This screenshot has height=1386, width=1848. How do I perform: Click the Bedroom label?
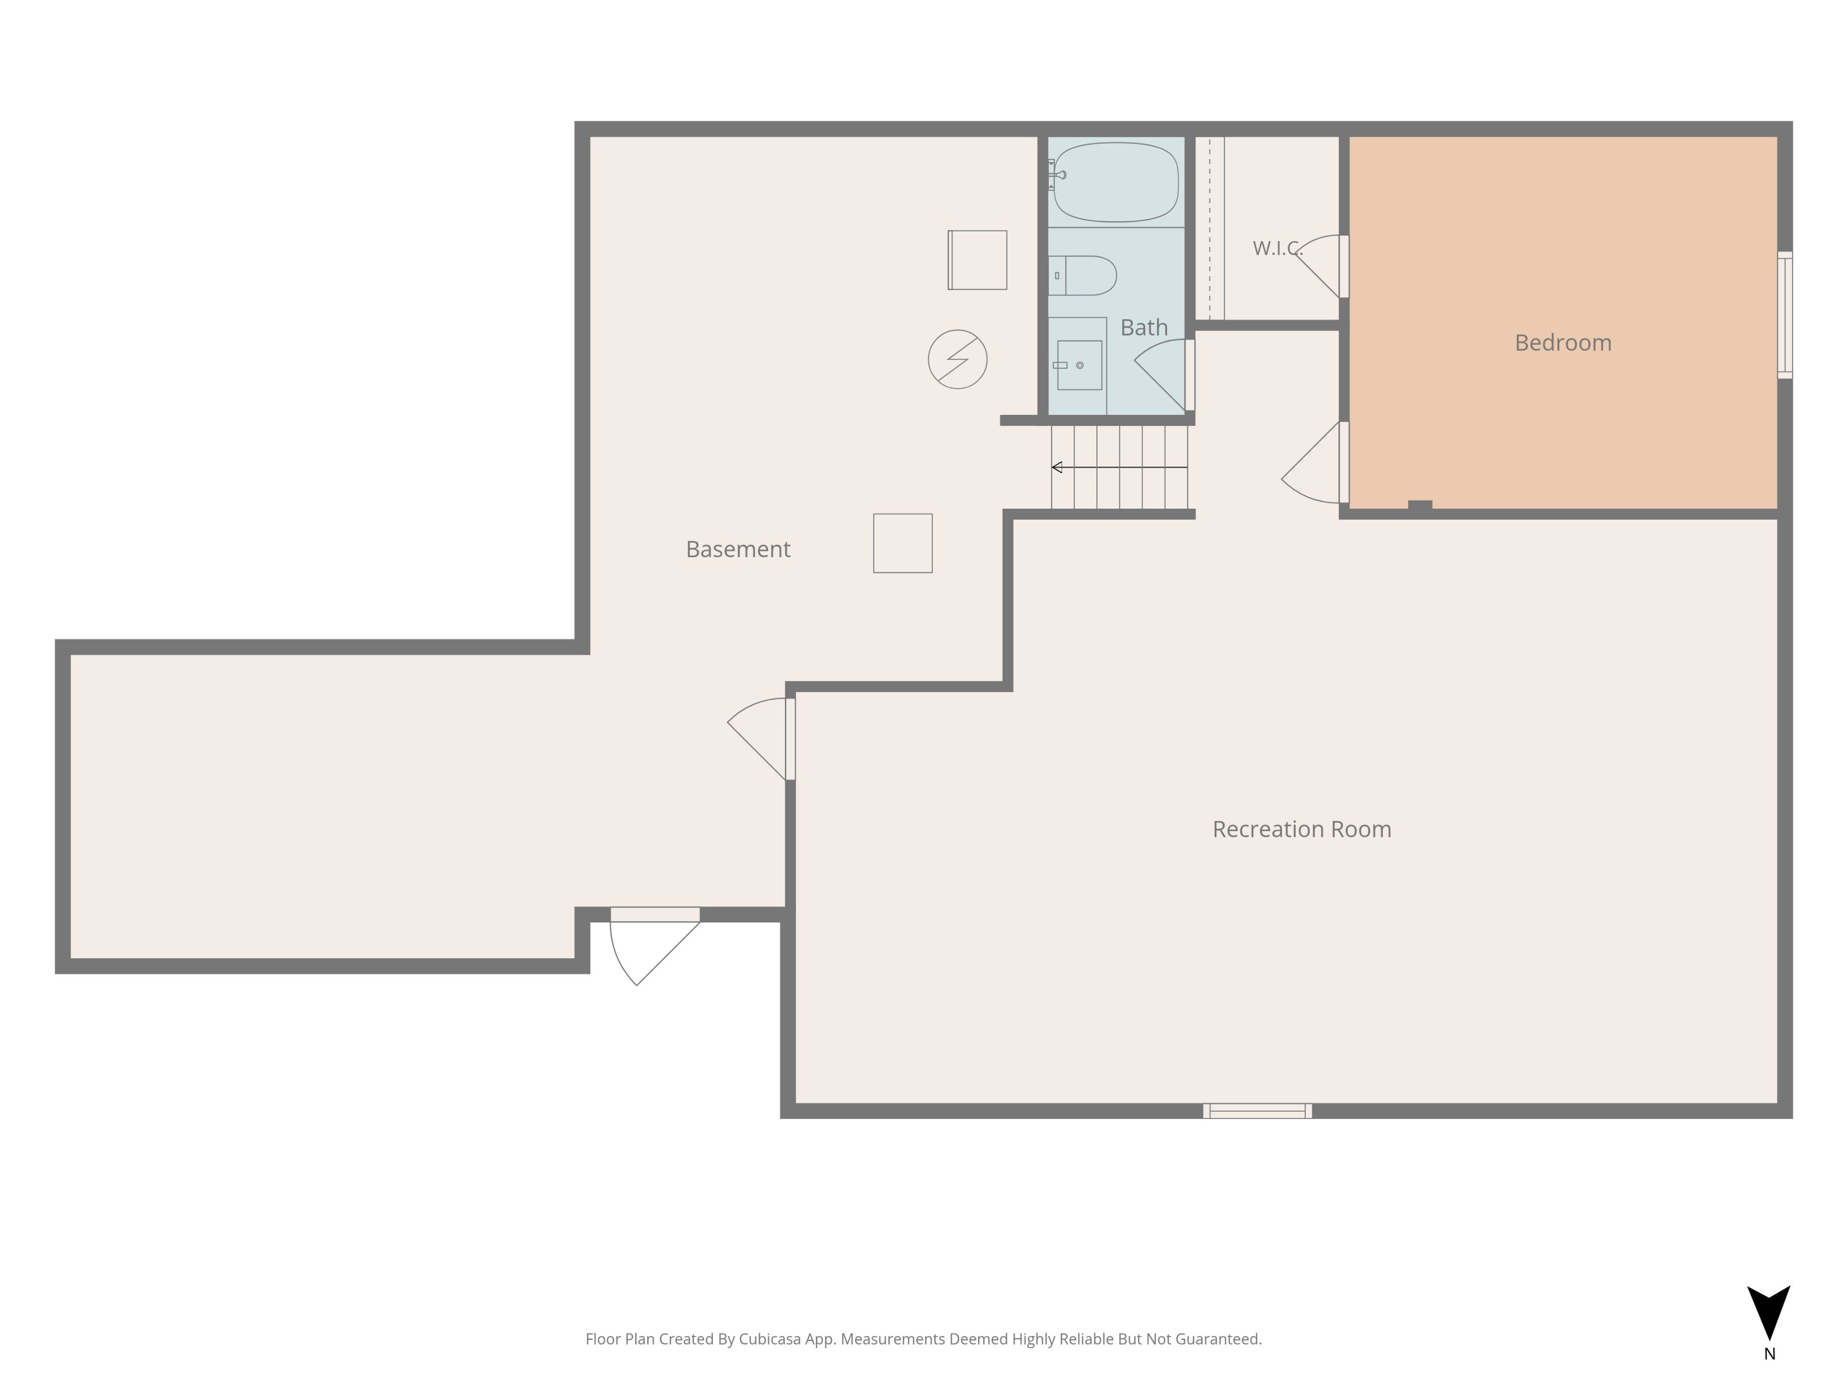click(1563, 343)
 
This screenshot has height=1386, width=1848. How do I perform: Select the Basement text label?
click(738, 549)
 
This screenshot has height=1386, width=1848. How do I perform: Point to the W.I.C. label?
click(1277, 248)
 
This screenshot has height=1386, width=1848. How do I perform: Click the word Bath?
click(1144, 328)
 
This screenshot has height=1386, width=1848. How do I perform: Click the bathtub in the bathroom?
click(1116, 182)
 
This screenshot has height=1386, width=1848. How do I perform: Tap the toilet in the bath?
click(1083, 276)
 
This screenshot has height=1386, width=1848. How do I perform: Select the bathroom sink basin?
click(1079, 365)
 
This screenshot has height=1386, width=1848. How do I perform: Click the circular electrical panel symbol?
click(957, 359)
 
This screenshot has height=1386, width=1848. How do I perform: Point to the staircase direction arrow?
click(1119, 467)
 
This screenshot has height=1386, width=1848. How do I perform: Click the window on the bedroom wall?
click(1784, 315)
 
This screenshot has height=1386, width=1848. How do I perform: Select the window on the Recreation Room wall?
click(1258, 1110)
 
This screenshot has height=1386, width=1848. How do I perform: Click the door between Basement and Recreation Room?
click(761, 739)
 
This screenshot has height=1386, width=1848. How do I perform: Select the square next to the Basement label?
click(902, 543)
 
